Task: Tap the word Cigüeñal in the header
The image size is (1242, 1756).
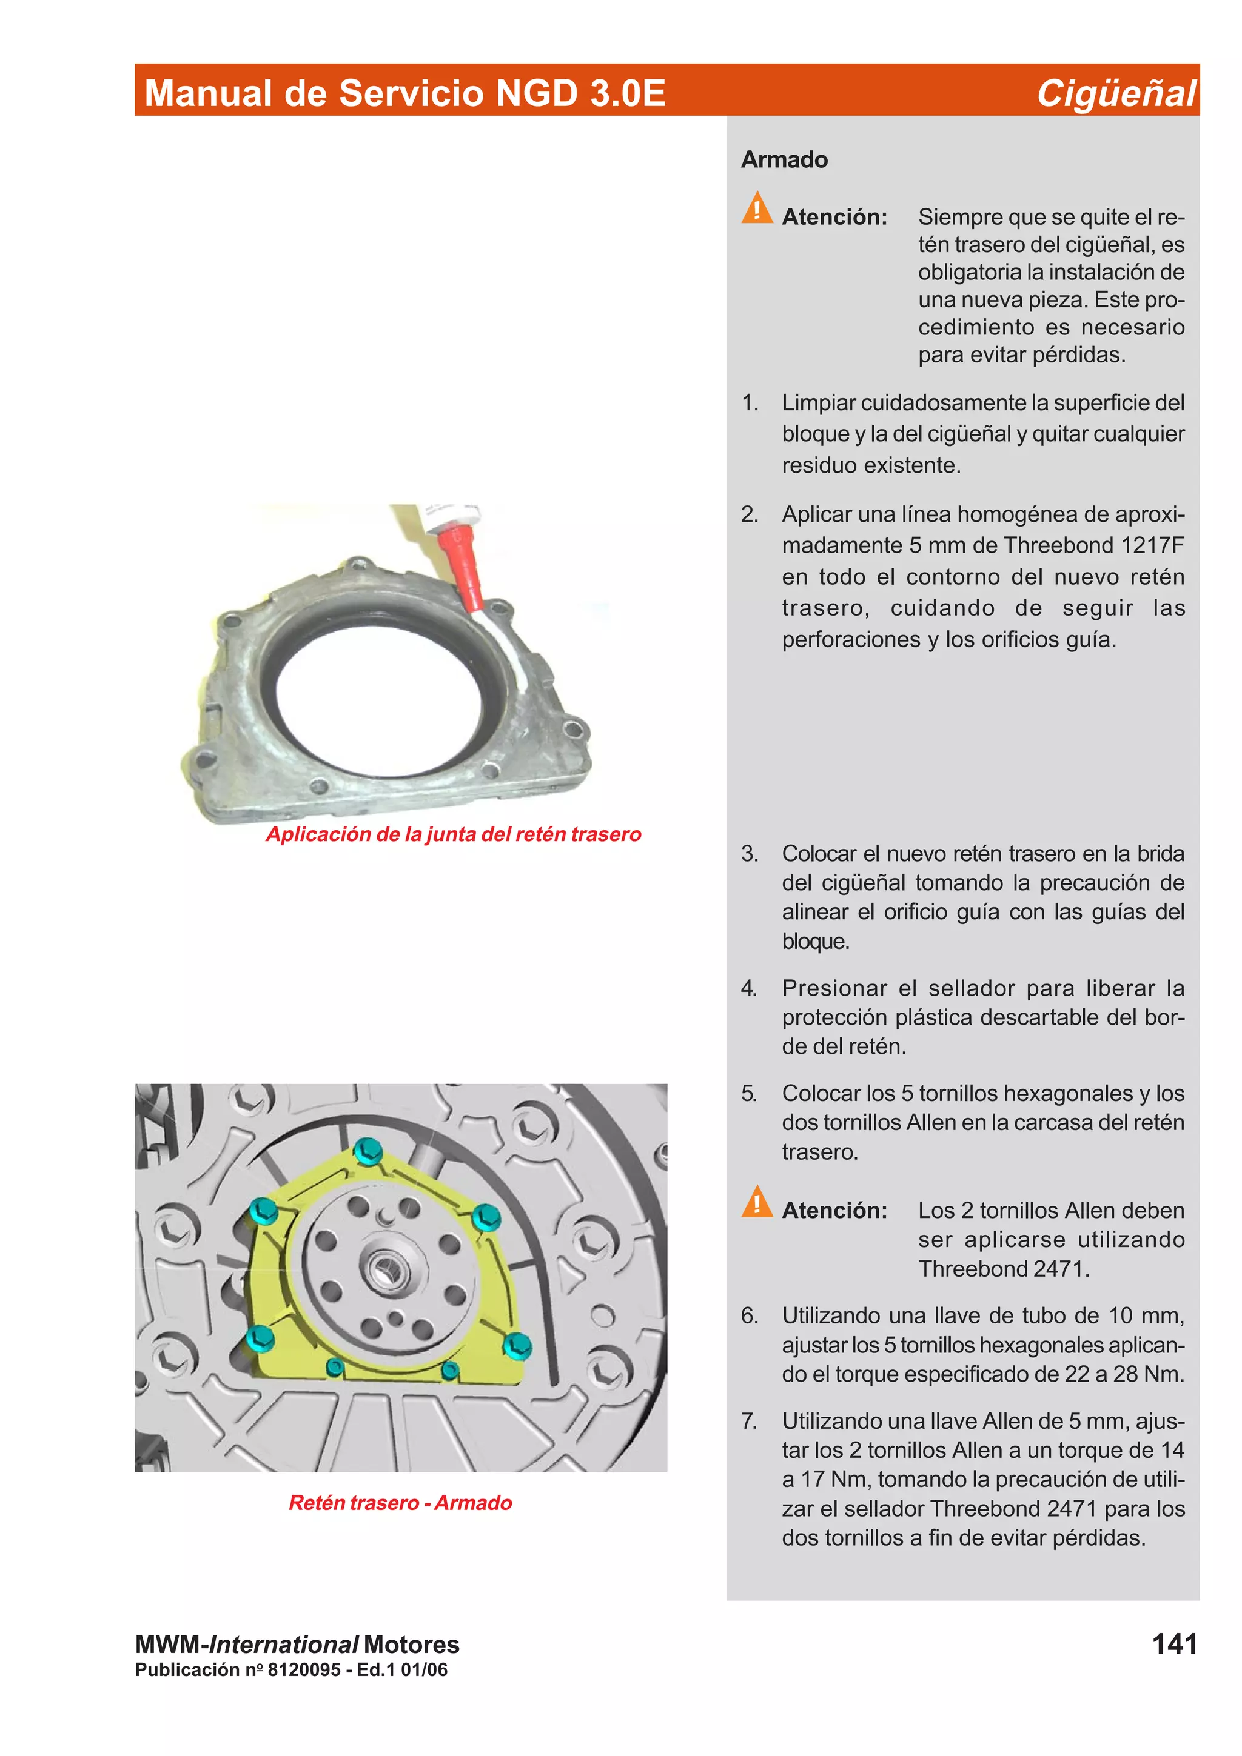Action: [1115, 93]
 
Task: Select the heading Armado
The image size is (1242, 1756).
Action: [784, 159]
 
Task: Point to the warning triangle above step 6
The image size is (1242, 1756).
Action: [757, 1202]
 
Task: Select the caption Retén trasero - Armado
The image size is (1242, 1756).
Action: [400, 1503]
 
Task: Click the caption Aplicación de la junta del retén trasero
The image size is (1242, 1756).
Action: [453, 834]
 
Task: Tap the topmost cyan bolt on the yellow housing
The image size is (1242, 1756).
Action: [368, 1150]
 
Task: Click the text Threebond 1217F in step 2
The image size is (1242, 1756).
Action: [1093, 545]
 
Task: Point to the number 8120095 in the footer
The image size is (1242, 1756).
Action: [304, 1669]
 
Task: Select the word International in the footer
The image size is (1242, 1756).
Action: [283, 1645]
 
